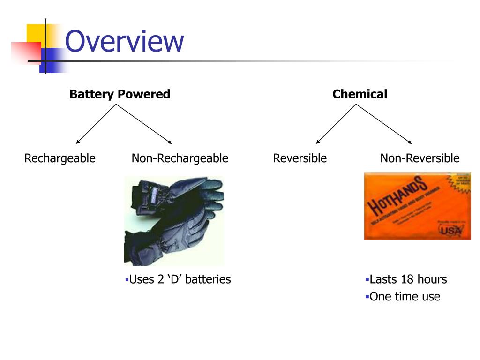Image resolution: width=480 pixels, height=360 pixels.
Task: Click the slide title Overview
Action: coord(124,42)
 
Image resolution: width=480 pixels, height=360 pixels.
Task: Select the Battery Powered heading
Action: coord(120,94)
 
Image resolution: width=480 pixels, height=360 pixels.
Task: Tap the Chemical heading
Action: coord(360,94)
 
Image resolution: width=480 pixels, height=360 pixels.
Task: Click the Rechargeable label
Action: coord(60,158)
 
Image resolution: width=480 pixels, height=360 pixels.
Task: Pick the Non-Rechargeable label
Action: coord(180,158)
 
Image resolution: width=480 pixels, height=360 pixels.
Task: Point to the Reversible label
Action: coord(300,158)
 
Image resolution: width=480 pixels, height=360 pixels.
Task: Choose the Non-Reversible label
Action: coord(420,158)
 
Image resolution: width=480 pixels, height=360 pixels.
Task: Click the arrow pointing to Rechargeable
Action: coord(96,124)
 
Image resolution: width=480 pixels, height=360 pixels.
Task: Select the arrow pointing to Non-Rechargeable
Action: coord(144,124)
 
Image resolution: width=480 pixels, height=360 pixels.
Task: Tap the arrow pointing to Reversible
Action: coord(336,124)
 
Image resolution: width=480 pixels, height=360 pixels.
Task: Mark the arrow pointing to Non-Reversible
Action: coord(384,124)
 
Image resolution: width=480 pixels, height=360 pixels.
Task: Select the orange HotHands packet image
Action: coord(417,206)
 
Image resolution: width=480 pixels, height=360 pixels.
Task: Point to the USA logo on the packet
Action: coord(450,230)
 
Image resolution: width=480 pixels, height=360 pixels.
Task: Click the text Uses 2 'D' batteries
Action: coord(180,280)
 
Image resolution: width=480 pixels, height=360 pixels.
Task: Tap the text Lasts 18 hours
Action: coord(408,280)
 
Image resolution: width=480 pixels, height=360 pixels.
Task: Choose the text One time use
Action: coord(405,297)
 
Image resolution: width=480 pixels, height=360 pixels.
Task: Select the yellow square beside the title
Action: coord(35,33)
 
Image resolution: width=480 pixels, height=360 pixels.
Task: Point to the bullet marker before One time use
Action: coord(367,297)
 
